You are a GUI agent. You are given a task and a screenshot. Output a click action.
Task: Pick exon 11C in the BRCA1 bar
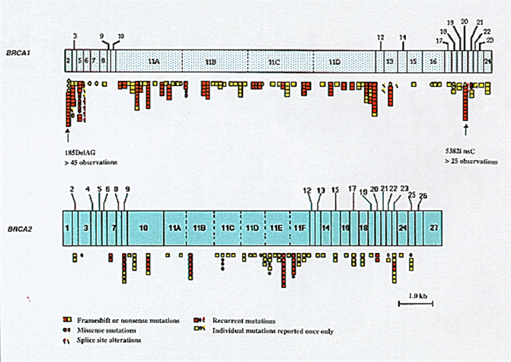(274, 59)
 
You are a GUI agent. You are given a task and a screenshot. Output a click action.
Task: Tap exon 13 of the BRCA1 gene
(389, 59)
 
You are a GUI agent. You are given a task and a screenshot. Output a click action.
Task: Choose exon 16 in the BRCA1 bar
(433, 59)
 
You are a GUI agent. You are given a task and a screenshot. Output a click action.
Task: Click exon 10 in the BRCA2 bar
(145, 228)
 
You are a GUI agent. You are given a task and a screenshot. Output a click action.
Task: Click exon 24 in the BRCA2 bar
(402, 228)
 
